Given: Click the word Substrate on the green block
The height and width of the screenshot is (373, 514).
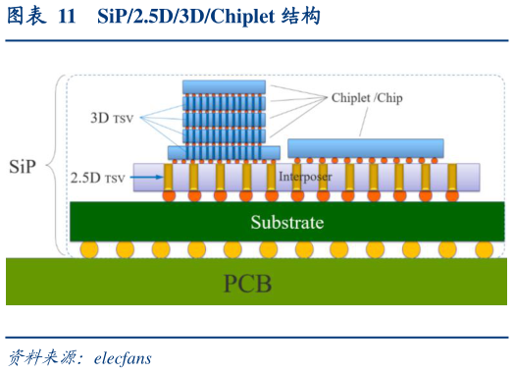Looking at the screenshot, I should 286,223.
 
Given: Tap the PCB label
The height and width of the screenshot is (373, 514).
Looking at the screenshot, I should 247,285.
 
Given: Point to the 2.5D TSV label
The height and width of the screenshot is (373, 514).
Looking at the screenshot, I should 97,178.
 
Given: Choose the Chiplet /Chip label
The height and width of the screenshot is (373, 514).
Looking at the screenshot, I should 366,98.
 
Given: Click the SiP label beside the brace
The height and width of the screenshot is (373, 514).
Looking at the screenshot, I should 23,166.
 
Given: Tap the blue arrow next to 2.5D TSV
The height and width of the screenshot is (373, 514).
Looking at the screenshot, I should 143,178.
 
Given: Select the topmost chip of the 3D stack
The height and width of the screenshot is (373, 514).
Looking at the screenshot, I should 225,86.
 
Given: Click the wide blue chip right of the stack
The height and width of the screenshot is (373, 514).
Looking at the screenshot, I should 365,148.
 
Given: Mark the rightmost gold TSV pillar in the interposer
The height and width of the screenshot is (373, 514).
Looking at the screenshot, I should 452,177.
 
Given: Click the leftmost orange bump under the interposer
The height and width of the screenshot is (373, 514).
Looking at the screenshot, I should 168,196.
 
